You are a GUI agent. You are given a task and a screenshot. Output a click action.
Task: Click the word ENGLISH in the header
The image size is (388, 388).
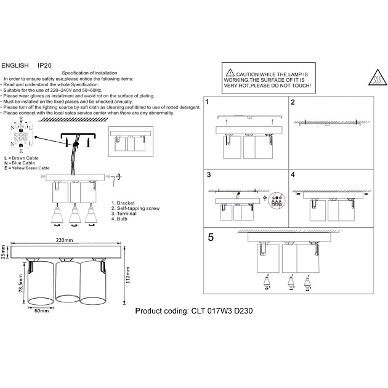[15, 63]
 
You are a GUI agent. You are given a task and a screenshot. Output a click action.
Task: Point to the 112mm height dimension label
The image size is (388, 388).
[127, 276]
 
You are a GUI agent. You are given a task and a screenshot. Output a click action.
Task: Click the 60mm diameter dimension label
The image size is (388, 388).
[41, 311]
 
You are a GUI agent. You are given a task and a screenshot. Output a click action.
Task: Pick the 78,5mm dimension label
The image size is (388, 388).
[21, 283]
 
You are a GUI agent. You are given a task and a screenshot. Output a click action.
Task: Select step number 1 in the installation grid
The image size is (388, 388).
[208, 102]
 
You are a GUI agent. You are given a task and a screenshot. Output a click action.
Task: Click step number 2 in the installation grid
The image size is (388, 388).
[293, 102]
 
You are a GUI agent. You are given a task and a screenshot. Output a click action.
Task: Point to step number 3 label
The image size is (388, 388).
[208, 175]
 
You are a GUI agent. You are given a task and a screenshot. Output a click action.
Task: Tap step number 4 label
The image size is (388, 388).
[293, 175]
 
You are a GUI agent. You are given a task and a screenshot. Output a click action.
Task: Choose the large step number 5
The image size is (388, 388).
[211, 236]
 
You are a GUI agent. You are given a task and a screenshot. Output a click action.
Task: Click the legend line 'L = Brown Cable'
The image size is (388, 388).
[25, 158]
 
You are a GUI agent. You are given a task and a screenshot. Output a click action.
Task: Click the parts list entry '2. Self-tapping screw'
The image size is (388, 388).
[135, 208]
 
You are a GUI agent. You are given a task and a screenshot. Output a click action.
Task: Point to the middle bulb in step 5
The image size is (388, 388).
[289, 284]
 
